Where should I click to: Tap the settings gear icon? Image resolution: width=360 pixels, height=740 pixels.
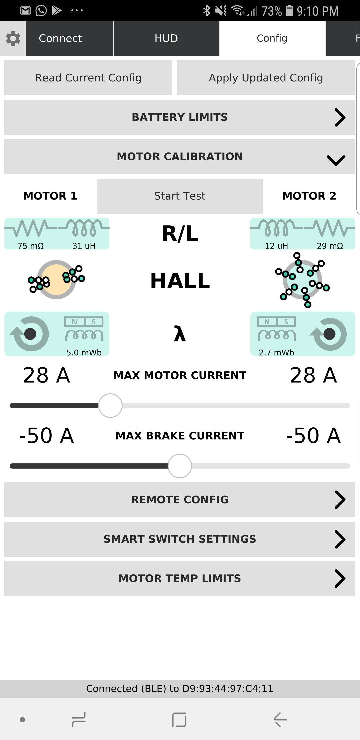pyautogui.click(x=13, y=39)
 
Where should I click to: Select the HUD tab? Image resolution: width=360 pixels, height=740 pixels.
pyautogui.click(x=166, y=38)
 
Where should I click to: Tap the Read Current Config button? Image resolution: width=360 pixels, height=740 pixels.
pyautogui.click(x=88, y=78)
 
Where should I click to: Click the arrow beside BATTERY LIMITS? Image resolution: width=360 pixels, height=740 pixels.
pyautogui.click(x=340, y=117)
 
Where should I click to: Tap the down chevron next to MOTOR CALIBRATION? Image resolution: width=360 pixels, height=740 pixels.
pyautogui.click(x=336, y=160)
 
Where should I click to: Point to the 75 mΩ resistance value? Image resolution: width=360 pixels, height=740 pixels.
pyautogui.click(x=31, y=246)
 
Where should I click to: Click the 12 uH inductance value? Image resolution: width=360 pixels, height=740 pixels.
pyautogui.click(x=276, y=246)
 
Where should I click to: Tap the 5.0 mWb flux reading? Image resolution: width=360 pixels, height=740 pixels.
pyautogui.click(x=84, y=353)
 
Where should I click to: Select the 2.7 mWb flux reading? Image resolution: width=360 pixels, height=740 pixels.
pyautogui.click(x=276, y=353)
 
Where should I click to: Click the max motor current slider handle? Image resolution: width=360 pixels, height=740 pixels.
pyautogui.click(x=110, y=406)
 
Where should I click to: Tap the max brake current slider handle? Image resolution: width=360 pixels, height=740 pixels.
pyautogui.click(x=180, y=466)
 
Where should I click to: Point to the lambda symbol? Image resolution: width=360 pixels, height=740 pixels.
pyautogui.click(x=180, y=334)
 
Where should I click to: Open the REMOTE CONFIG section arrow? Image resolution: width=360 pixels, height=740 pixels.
pyautogui.click(x=340, y=500)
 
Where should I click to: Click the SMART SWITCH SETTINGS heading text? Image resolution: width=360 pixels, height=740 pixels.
pyautogui.click(x=180, y=539)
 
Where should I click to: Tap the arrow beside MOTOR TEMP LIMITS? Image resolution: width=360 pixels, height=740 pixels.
pyautogui.click(x=340, y=579)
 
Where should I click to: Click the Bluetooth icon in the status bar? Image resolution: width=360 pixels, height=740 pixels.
pyautogui.click(x=207, y=11)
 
